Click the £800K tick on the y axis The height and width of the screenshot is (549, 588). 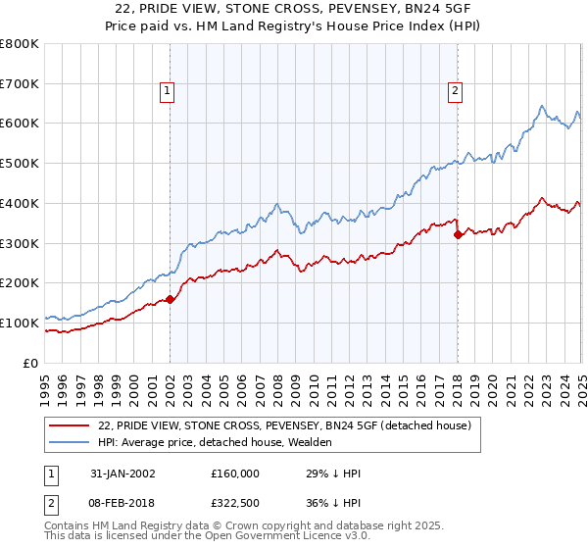[x=20, y=44]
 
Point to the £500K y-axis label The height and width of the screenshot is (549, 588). [x=20, y=164]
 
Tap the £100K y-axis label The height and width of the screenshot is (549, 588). [x=20, y=323]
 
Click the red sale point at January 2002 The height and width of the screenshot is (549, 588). [x=171, y=299]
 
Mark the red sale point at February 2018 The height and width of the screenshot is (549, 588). [x=458, y=234]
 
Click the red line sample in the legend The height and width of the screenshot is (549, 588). [x=71, y=426]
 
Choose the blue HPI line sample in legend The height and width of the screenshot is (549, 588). [x=71, y=443]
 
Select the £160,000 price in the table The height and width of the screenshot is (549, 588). [x=234, y=474]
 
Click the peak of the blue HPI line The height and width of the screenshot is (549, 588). [x=541, y=106]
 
